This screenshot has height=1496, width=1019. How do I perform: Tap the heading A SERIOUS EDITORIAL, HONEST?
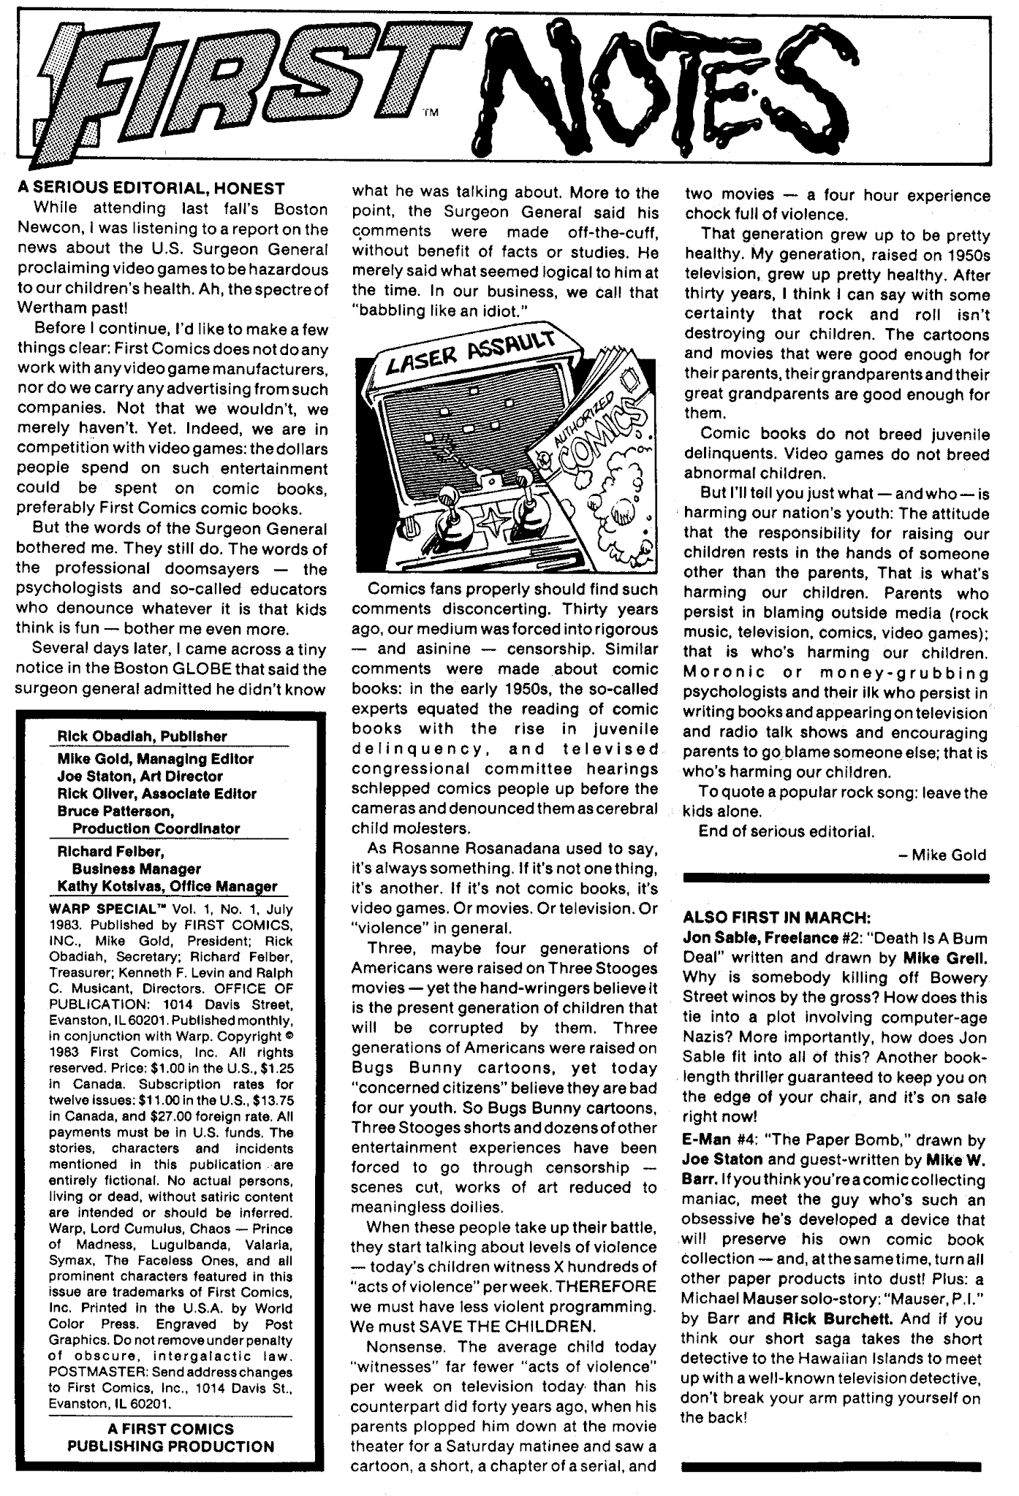pos(151,188)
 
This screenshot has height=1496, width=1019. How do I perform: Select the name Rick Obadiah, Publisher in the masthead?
pos(143,736)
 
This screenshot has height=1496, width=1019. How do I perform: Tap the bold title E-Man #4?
pos(716,1140)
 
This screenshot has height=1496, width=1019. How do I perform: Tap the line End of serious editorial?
pos(786,831)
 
